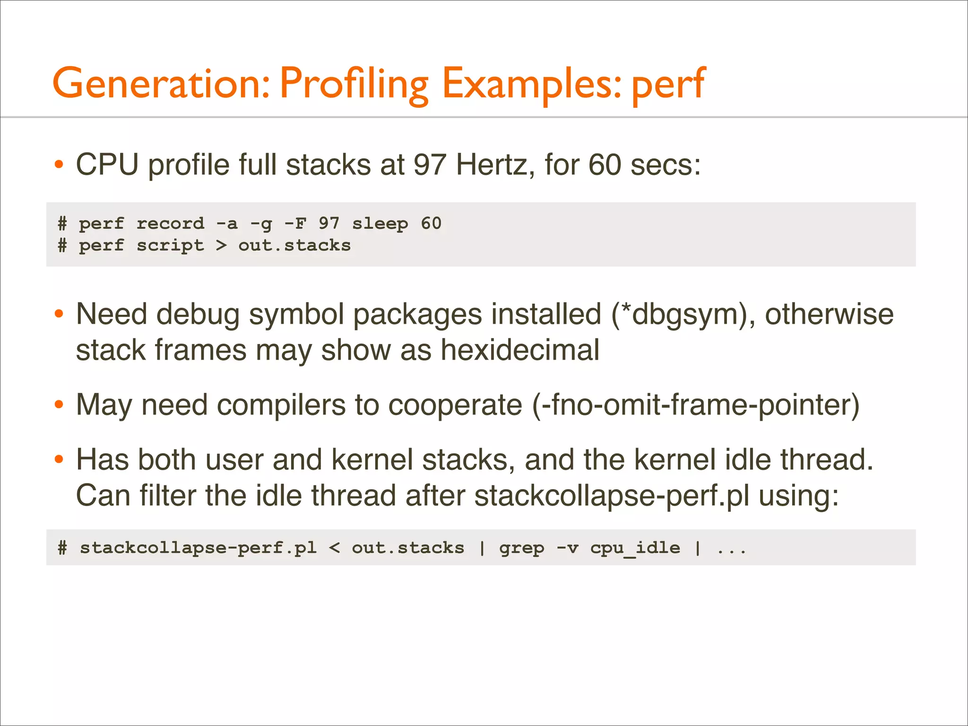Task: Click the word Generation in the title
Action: [161, 84]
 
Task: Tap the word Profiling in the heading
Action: [354, 84]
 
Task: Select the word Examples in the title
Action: [531, 84]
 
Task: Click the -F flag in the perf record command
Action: [295, 223]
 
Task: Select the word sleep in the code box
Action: [380, 223]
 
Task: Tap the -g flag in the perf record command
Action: [261, 223]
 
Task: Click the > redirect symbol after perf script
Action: [221, 245]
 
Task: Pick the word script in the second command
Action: [170, 245]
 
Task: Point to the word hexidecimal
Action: [520, 350]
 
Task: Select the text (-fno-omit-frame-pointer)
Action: [695, 405]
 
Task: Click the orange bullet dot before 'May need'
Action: [59, 405]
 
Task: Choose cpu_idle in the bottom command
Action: [635, 548]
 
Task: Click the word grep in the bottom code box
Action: [521, 548]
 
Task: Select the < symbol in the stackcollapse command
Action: [334, 548]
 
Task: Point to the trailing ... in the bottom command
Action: [731, 549]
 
